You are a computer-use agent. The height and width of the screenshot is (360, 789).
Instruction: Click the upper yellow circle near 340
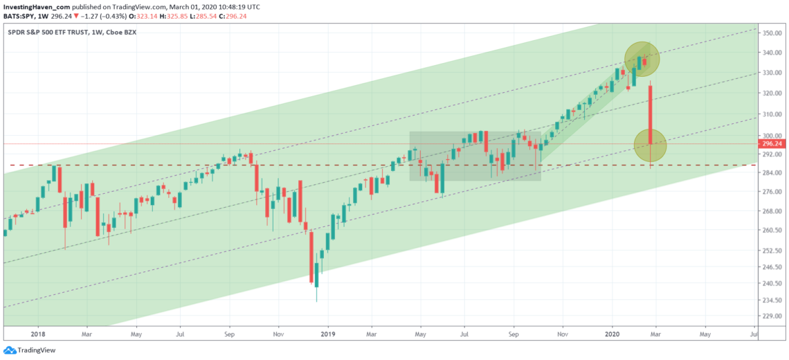[x=642, y=59]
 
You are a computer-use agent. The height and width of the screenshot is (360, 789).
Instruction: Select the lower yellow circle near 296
[x=650, y=145]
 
